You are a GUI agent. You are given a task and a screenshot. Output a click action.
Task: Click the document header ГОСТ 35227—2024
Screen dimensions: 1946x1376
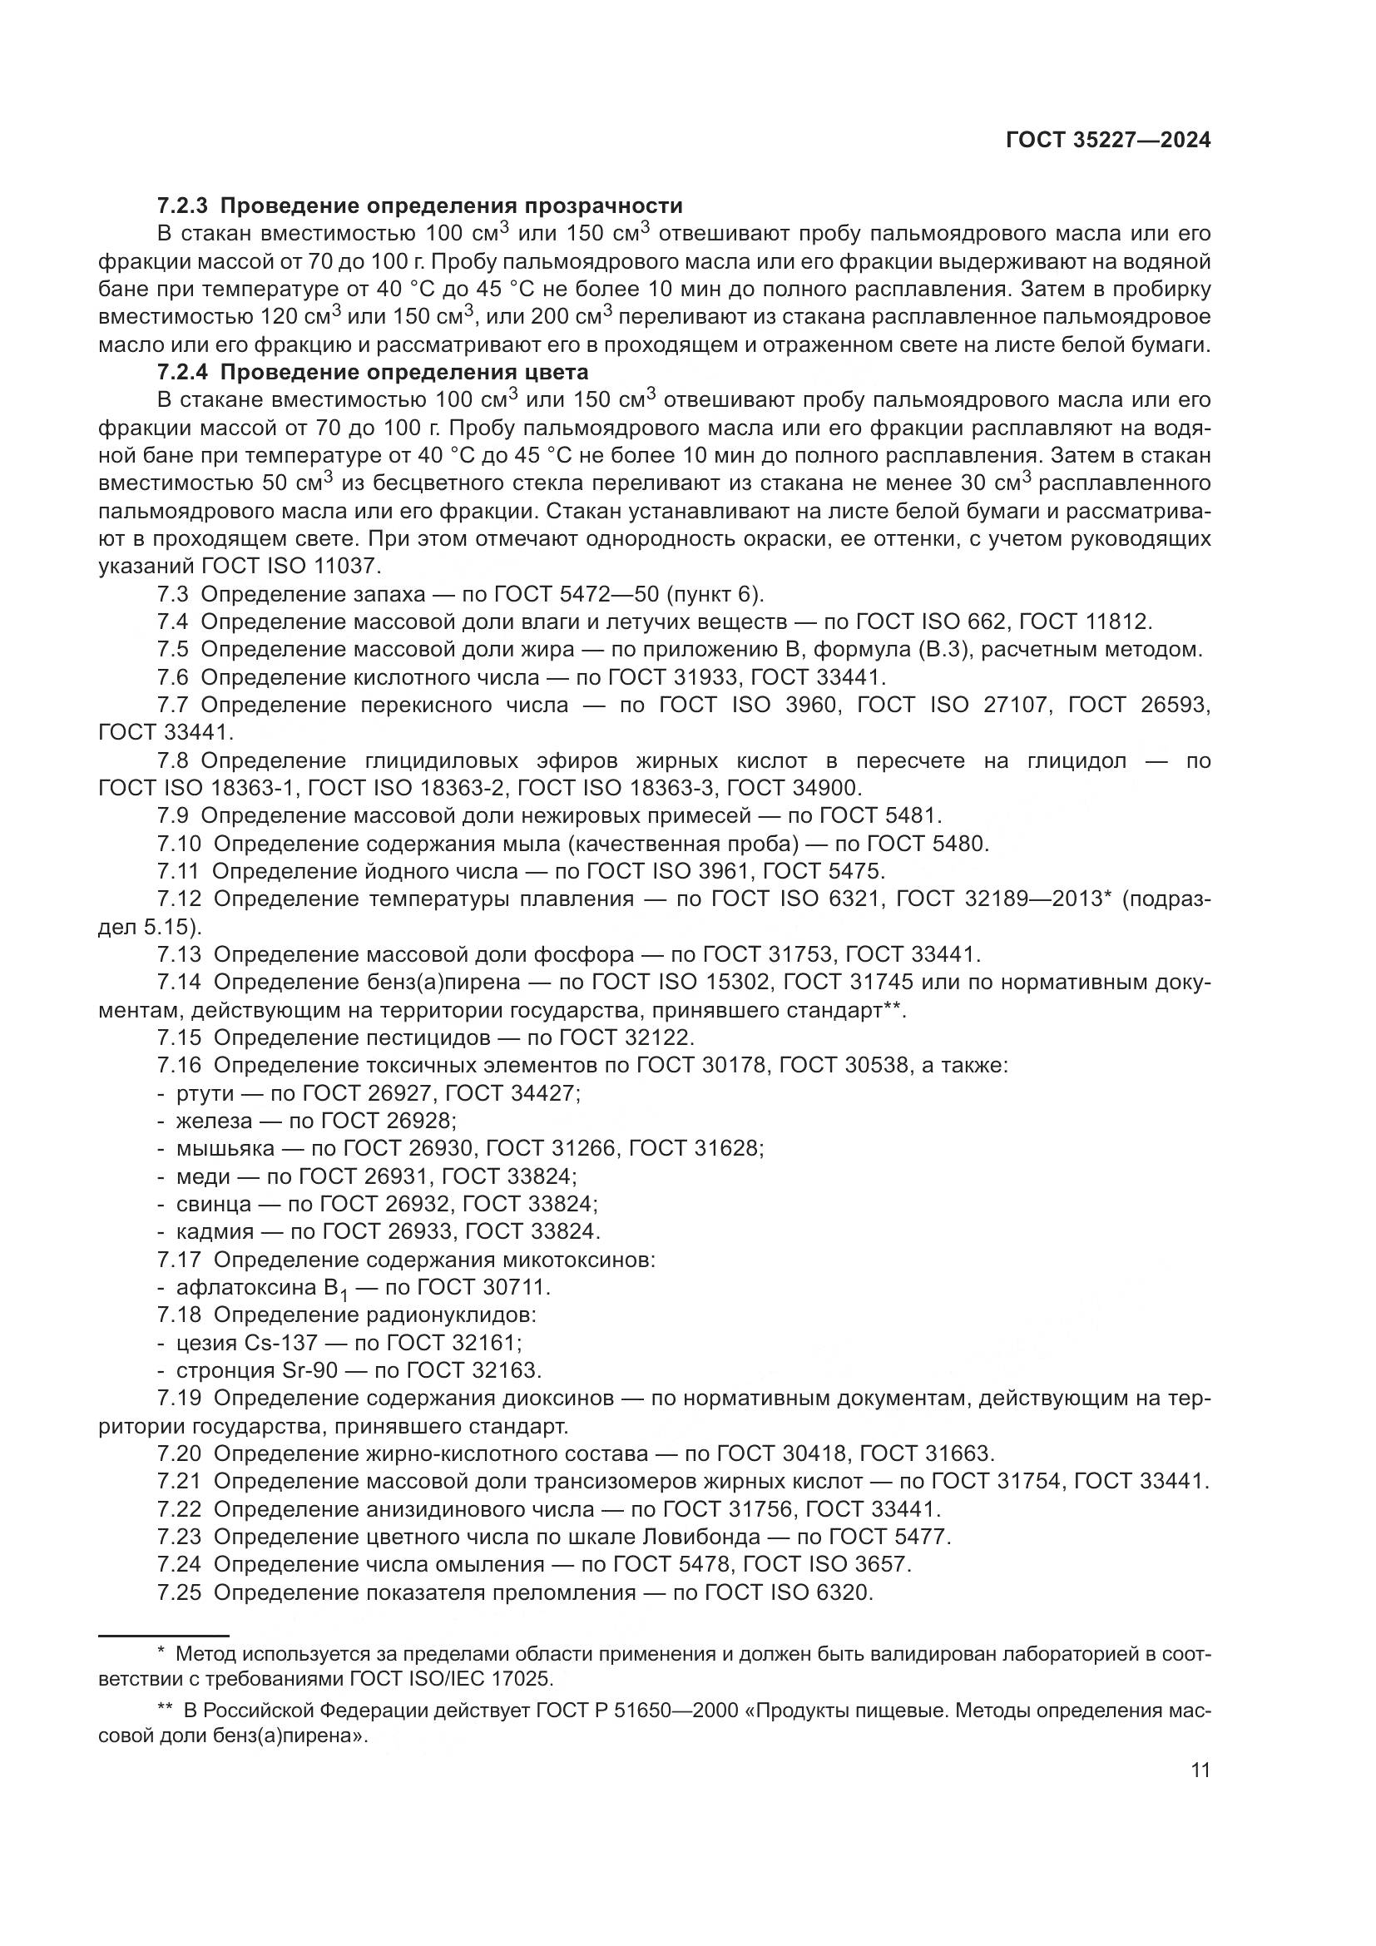[x=1107, y=141]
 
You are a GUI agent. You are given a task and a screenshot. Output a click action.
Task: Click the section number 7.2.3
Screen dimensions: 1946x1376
[x=182, y=206]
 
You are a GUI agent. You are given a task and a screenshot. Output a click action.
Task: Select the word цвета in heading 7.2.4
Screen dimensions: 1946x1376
[x=556, y=372]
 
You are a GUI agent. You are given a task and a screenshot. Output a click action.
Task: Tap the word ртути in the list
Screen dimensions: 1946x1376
[x=204, y=1093]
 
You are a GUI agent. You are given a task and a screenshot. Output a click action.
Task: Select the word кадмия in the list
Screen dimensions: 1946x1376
[x=215, y=1231]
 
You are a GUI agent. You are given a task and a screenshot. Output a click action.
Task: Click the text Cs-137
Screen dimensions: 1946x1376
[x=280, y=1343]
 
